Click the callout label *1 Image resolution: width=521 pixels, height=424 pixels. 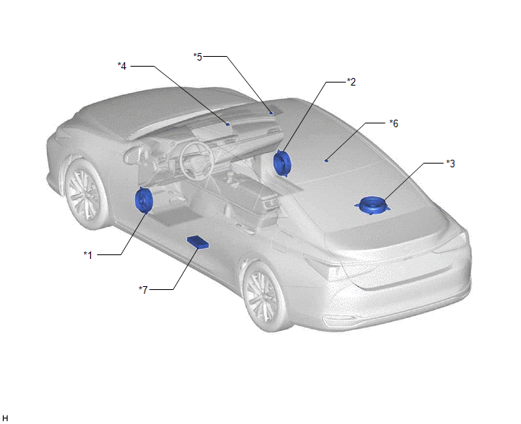click(x=88, y=255)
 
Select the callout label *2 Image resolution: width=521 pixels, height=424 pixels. click(x=351, y=82)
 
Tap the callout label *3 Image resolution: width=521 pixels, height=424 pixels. click(x=451, y=164)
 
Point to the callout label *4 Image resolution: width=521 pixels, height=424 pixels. click(x=122, y=66)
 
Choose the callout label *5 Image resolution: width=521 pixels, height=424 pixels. click(x=198, y=57)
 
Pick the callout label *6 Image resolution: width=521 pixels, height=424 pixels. click(x=394, y=123)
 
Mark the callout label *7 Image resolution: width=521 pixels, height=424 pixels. click(x=143, y=290)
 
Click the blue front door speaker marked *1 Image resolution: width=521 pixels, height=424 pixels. click(x=143, y=200)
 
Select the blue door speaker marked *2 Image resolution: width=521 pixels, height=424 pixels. click(x=282, y=163)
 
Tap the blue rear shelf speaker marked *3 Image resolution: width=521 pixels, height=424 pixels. click(x=372, y=205)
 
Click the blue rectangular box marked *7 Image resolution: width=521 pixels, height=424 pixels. click(x=198, y=242)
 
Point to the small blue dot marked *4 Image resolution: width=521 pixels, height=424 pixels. click(x=228, y=124)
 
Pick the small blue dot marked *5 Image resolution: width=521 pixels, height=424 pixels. click(x=271, y=113)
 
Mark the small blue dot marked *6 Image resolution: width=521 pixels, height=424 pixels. click(x=326, y=161)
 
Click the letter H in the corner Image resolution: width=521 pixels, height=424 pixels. click(x=5, y=419)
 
